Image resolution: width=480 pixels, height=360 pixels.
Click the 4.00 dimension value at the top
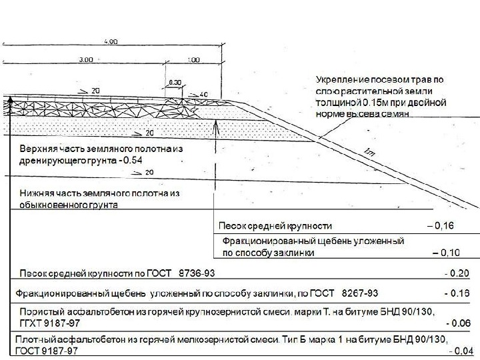point(111,42)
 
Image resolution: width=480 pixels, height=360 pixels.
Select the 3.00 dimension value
point(85,60)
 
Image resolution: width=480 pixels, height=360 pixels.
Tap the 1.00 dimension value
point(193,60)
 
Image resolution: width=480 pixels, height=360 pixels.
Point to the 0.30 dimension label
point(175,81)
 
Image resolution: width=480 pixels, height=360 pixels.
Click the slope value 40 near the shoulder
point(203,93)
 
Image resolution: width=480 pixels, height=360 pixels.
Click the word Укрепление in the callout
point(340,80)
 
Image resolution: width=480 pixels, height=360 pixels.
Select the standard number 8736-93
point(196,273)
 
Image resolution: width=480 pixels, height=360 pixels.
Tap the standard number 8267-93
point(360,293)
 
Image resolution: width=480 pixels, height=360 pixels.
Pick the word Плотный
point(34,341)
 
